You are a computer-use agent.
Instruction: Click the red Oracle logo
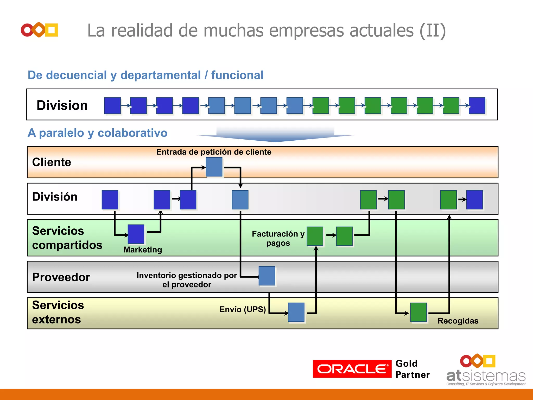[352, 369]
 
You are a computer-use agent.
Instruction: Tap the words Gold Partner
[412, 369]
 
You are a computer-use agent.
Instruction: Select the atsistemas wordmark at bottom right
[486, 376]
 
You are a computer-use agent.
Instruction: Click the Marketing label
[143, 250]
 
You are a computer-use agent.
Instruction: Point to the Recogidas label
[458, 321]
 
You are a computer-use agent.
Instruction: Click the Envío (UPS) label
[243, 309]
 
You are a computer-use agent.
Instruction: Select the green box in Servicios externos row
[418, 312]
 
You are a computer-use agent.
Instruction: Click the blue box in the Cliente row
[214, 167]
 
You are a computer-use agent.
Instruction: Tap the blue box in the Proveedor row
[267, 276]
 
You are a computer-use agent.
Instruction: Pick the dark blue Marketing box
[136, 234]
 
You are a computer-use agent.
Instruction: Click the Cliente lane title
[52, 162]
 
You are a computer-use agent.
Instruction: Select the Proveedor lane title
[61, 277]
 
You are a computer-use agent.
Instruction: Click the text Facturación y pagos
[278, 238]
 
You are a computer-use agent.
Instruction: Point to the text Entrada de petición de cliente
[214, 152]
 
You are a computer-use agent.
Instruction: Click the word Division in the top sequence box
[62, 105]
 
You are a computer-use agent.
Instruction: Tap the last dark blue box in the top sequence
[477, 106]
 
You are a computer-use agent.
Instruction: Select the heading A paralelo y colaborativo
[97, 133]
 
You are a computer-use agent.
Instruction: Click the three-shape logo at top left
[40, 30]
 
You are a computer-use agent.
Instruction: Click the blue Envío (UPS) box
[296, 312]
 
